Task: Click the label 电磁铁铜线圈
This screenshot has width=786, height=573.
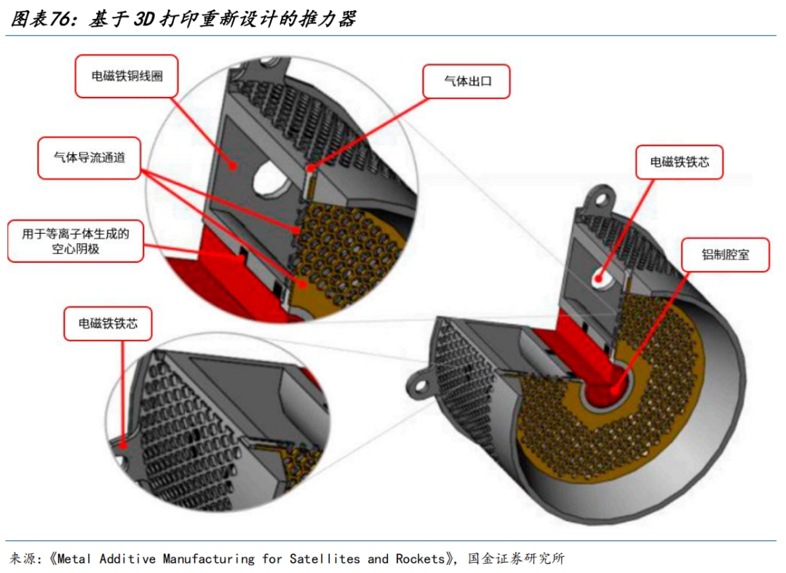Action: point(127,76)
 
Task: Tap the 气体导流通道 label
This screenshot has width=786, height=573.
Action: point(90,157)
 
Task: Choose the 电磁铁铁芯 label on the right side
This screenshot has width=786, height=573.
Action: point(680,163)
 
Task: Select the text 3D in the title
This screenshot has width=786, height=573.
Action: point(146,19)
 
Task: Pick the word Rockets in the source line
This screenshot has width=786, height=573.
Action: point(420,558)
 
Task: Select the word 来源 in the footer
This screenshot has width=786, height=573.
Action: point(22,558)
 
